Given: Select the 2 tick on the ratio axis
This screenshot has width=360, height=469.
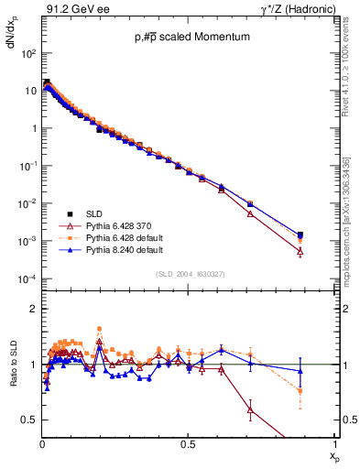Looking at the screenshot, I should click(33, 309).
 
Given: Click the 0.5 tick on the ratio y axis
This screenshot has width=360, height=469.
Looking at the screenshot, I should click(31, 420).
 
